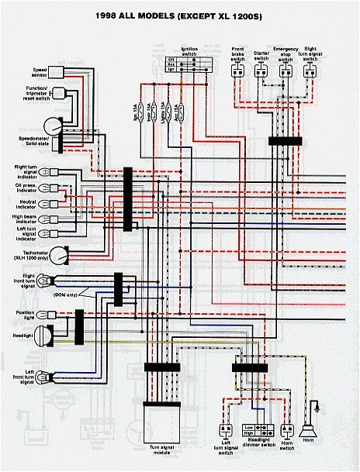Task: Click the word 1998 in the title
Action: (112, 15)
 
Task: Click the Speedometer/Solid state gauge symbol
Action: (53, 126)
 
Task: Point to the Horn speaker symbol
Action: (316, 429)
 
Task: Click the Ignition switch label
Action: (189, 50)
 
